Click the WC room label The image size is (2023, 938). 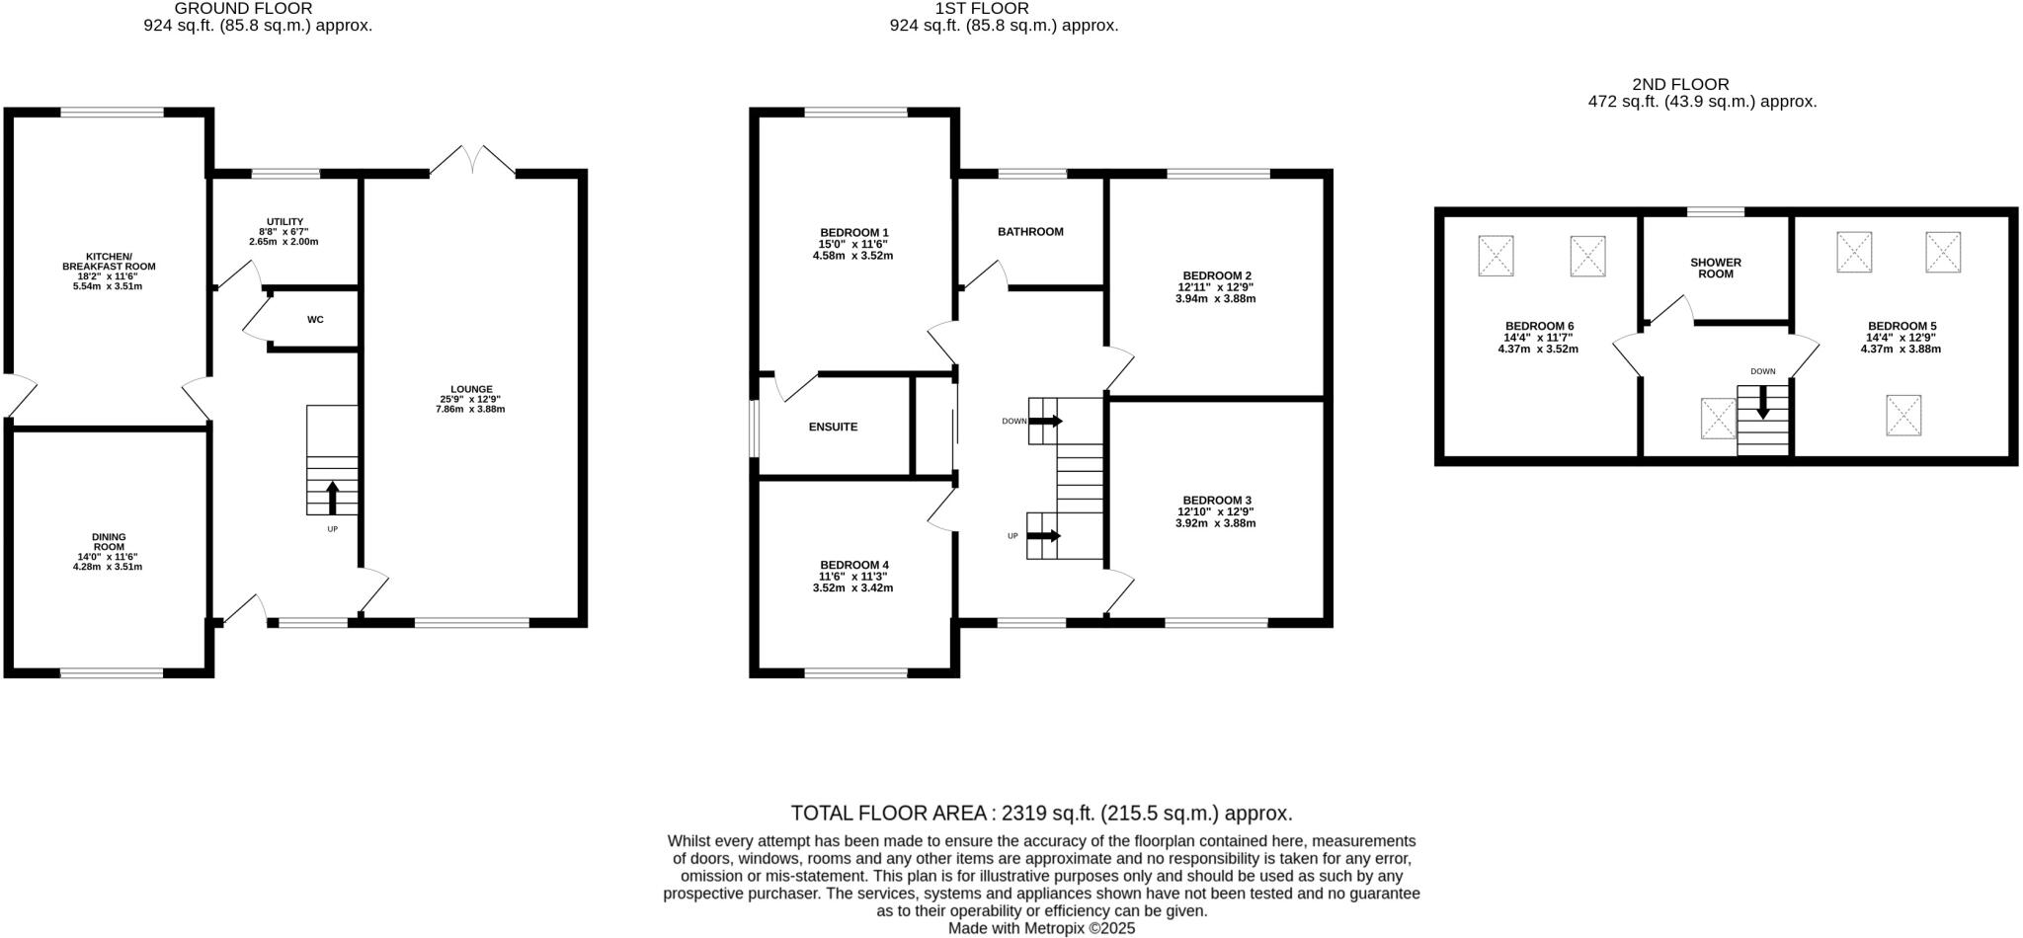pos(315,320)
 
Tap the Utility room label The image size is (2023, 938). pos(284,222)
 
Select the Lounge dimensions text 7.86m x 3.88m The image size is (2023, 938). pos(470,409)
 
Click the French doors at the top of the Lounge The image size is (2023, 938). pos(472,161)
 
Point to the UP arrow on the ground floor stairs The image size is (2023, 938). pos(332,498)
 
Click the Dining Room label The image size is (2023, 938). pos(109,542)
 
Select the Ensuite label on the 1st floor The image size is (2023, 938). pos(833,428)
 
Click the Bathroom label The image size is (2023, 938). pos(1030,232)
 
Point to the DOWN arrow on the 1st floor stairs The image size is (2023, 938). pos(1044,422)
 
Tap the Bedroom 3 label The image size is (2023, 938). pos(1215,501)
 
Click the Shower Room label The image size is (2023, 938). pos(1716,268)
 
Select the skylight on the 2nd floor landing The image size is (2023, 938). pos(1718,418)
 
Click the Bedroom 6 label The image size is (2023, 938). pos(1539,326)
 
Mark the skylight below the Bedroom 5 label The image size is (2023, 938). pos(1903,415)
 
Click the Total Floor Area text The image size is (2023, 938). pos(1041,814)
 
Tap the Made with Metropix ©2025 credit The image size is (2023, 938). pos(1041,929)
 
